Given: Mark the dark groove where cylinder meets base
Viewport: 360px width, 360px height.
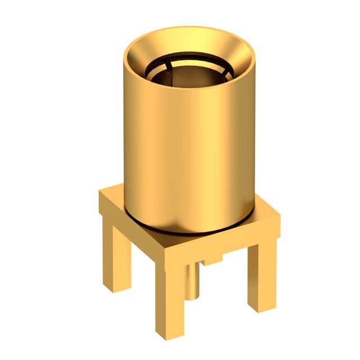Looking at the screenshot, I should pos(186,231).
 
